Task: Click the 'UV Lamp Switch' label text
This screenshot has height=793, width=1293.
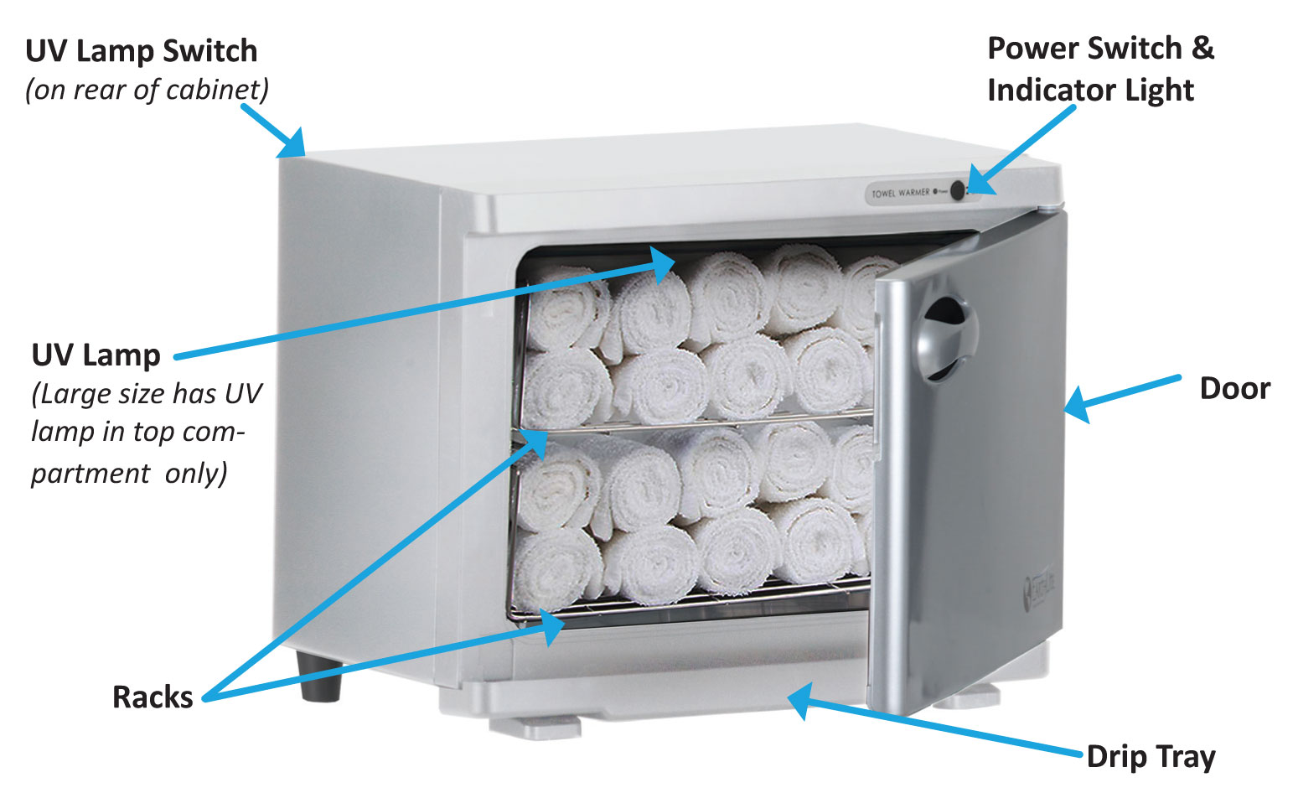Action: (141, 51)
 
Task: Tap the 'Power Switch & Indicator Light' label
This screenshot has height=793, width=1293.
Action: (1099, 69)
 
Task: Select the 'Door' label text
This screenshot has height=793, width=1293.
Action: (1234, 388)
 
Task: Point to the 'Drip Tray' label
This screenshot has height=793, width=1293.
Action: (1151, 756)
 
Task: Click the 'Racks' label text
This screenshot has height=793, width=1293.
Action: (153, 697)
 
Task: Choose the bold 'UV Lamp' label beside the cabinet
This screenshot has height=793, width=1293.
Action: (96, 355)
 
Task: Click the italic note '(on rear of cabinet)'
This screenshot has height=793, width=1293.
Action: (147, 90)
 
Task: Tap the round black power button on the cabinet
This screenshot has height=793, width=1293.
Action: (957, 191)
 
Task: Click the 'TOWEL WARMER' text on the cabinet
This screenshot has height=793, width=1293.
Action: (900, 193)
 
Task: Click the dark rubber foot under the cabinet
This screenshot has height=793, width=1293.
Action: (319, 676)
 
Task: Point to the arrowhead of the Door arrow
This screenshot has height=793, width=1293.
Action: (1078, 405)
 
